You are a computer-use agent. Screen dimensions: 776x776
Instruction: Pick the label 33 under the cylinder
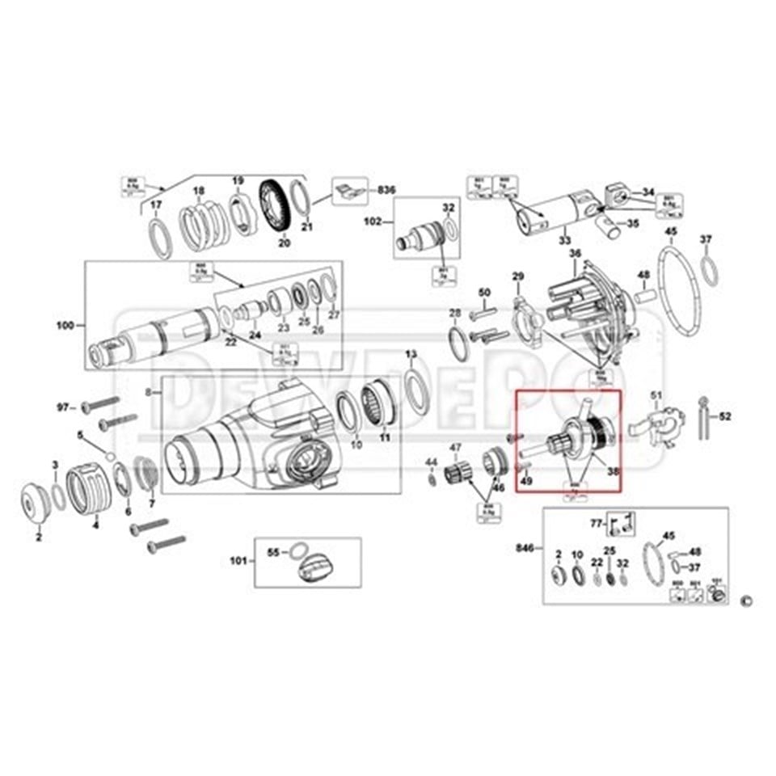(x=563, y=240)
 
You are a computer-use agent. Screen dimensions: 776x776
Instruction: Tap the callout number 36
(x=575, y=254)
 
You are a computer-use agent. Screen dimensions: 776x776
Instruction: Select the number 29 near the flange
(x=518, y=277)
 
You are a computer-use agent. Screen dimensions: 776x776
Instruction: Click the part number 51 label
(x=656, y=394)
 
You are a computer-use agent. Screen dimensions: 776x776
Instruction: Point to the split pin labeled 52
(x=705, y=416)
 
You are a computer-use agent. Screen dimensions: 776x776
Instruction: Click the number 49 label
(x=526, y=480)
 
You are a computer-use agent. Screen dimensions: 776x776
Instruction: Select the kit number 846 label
(x=523, y=548)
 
